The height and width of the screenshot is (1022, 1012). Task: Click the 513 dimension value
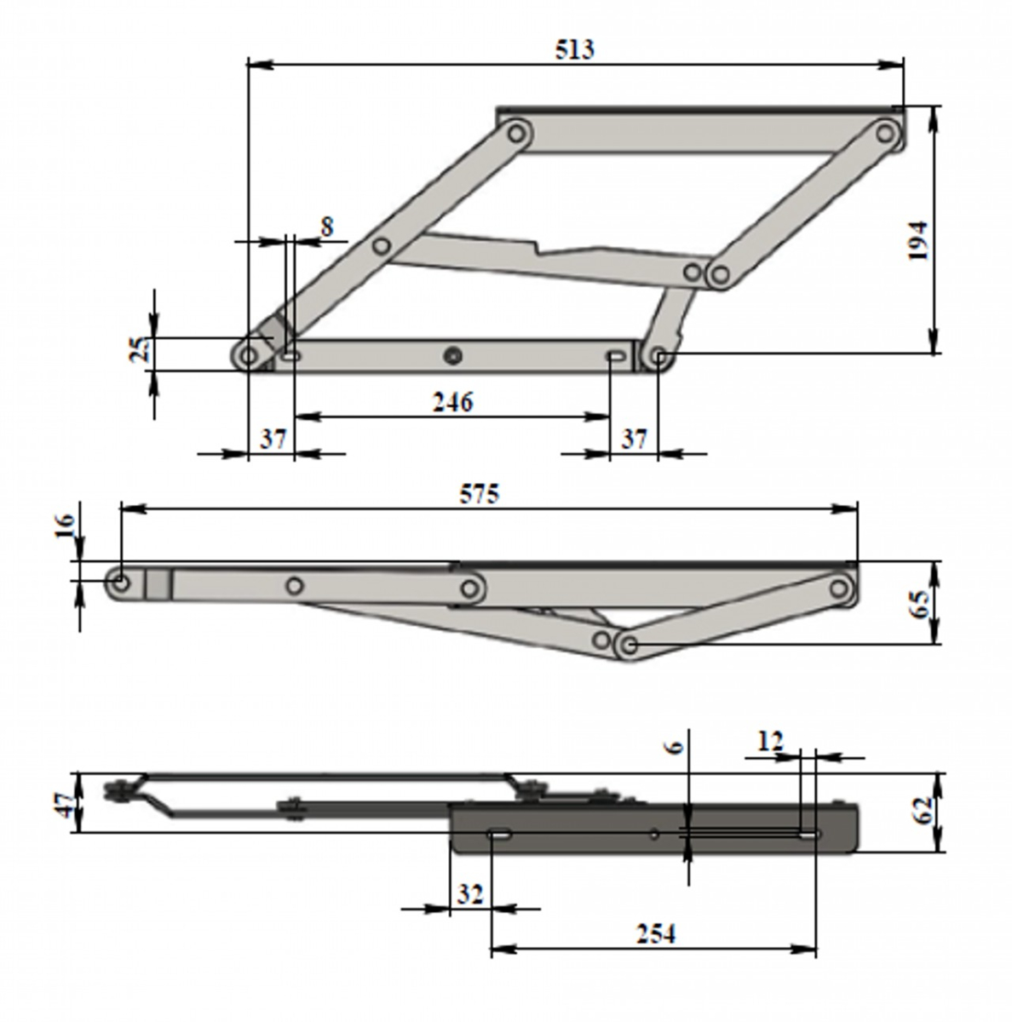(x=575, y=49)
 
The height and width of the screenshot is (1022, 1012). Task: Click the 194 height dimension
(x=917, y=241)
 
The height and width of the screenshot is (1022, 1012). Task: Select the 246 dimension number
(x=452, y=402)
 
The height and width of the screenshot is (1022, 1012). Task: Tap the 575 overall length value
(x=480, y=494)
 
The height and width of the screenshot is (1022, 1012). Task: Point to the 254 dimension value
(x=655, y=934)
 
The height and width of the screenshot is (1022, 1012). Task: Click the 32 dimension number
(x=469, y=894)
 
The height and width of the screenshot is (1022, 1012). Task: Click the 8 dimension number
(x=327, y=227)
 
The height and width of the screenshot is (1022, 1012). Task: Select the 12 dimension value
(x=769, y=741)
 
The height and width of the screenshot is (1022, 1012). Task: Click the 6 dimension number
(x=673, y=747)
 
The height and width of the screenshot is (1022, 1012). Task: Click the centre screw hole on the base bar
(x=453, y=355)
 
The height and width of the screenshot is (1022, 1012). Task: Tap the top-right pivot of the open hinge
(x=887, y=133)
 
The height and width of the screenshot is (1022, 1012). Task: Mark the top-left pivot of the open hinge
(x=515, y=133)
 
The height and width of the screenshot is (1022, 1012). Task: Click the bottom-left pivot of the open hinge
(x=250, y=355)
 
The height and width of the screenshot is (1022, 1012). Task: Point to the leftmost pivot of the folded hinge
(x=120, y=583)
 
